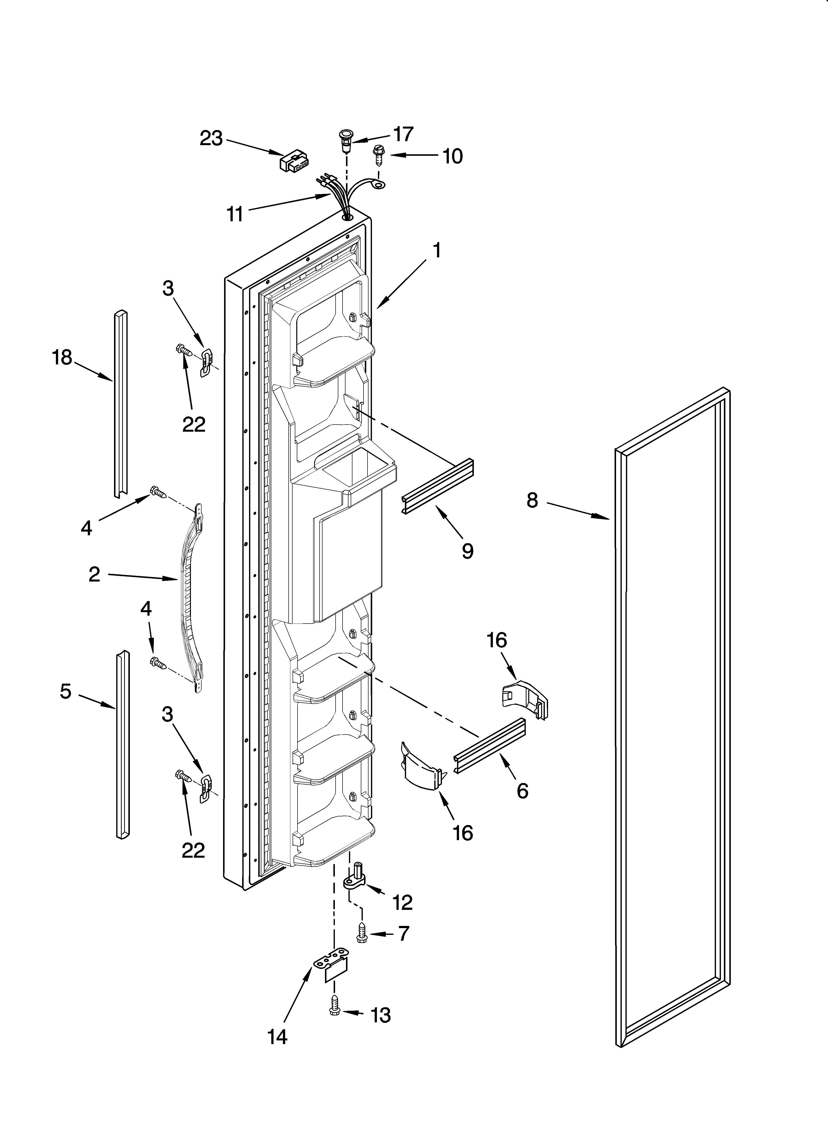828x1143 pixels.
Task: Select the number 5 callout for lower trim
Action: (66, 692)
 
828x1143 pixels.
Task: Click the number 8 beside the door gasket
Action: (532, 500)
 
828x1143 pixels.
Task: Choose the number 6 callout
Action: (522, 791)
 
